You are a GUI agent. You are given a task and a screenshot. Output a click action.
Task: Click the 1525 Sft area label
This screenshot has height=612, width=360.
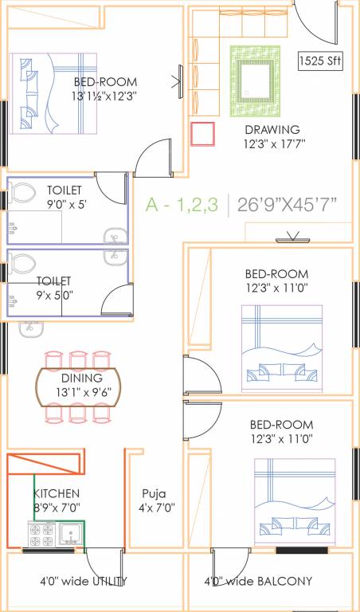pos(320,61)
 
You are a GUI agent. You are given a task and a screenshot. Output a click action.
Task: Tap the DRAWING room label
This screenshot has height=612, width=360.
pos(272,129)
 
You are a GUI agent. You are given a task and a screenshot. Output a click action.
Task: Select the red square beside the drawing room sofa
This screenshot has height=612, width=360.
pos(204,134)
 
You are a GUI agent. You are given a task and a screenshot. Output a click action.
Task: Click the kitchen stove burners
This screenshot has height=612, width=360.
pos(41,534)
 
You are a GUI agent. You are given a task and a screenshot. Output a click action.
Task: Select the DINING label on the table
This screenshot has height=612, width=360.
pos(81,378)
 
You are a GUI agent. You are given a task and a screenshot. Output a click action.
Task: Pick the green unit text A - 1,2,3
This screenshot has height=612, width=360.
pos(182,205)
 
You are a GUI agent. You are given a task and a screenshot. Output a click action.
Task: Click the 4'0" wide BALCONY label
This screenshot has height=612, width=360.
pos(258,581)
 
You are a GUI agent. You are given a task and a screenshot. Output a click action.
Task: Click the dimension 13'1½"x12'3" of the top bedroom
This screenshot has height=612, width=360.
pos(106,96)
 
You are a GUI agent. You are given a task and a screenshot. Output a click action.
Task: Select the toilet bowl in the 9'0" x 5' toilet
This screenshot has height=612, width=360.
pos(22,194)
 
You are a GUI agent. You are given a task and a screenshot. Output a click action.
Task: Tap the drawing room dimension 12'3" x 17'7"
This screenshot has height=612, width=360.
pos(272,143)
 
